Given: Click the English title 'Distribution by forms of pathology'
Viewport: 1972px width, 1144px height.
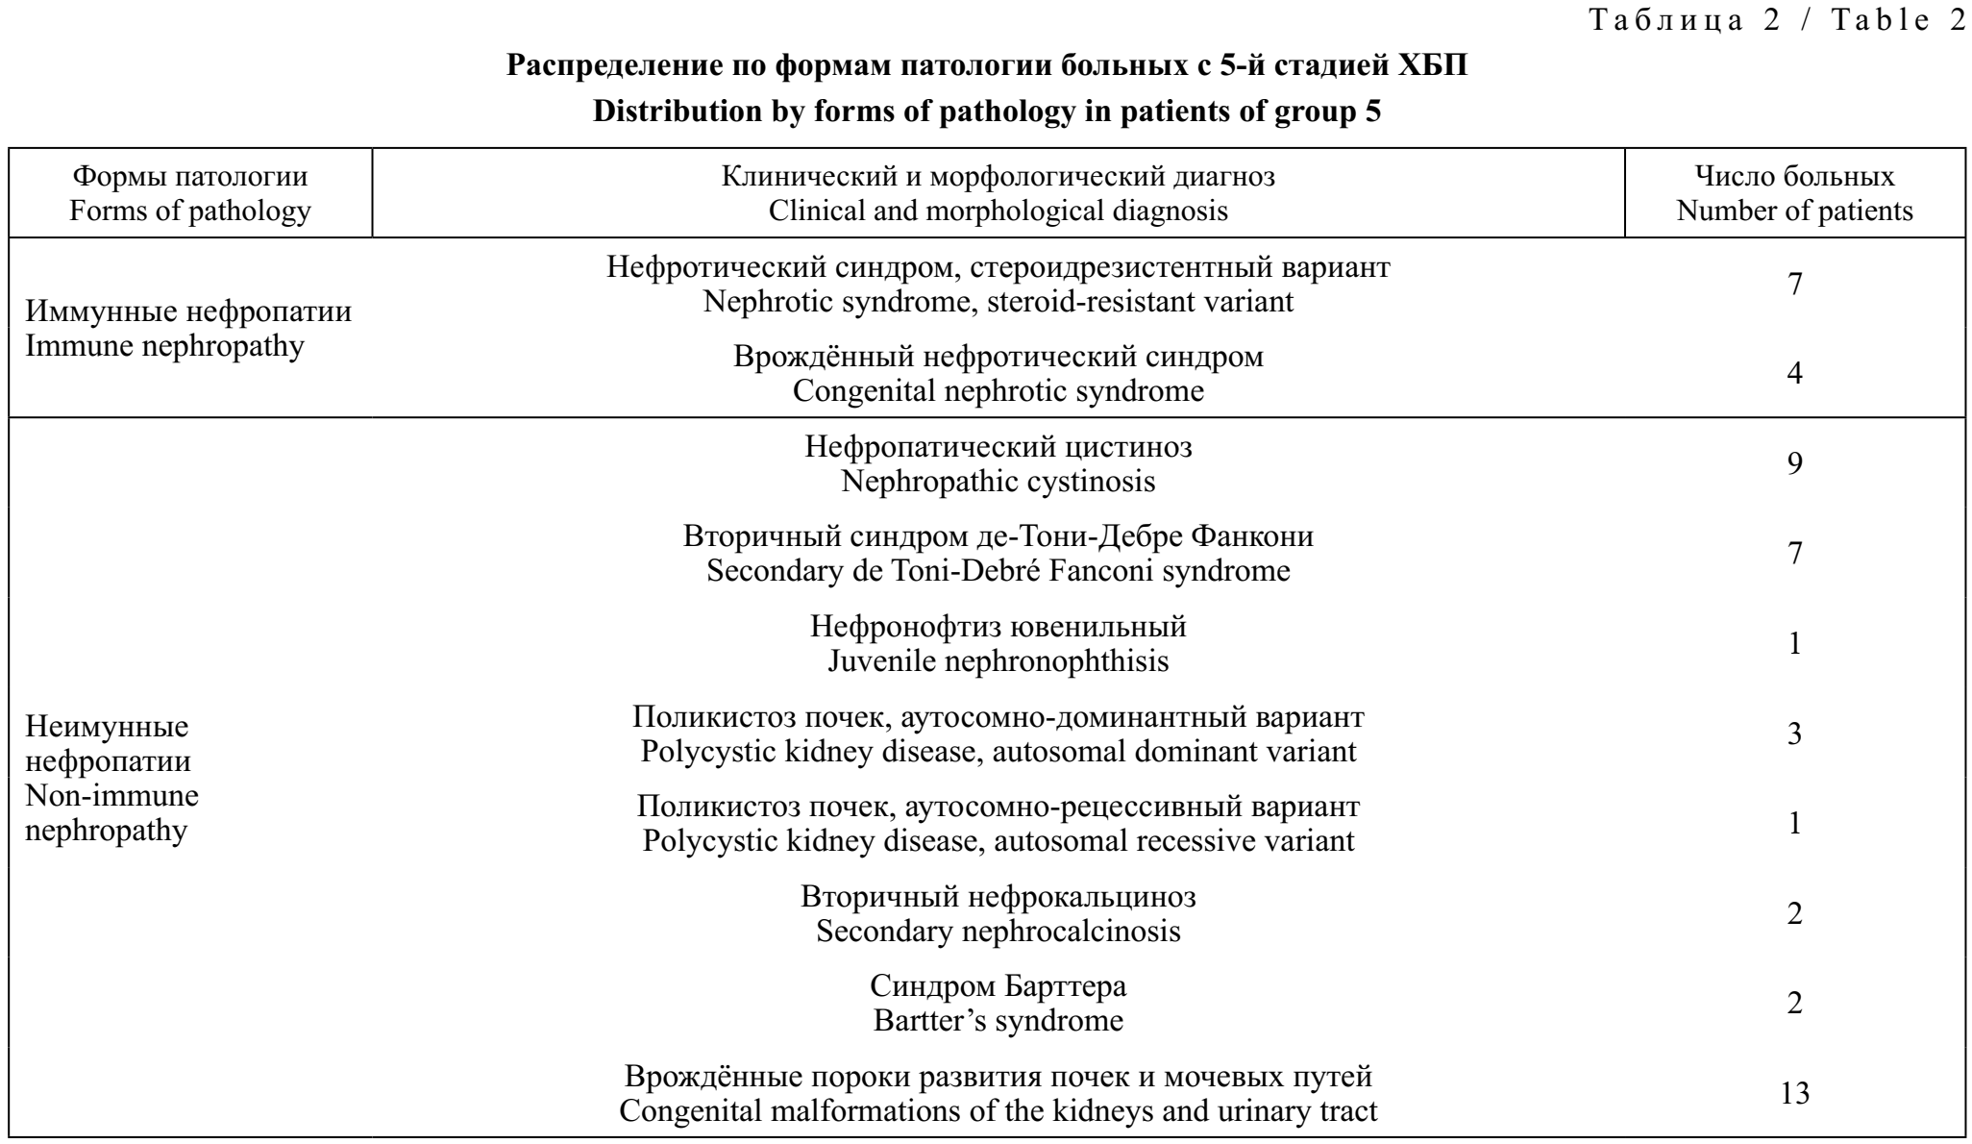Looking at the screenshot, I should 987,112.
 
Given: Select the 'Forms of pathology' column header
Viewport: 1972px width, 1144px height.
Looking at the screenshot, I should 190,211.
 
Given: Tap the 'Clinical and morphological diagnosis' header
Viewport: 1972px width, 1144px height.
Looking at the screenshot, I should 998,211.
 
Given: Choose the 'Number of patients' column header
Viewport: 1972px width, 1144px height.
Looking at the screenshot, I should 1794,211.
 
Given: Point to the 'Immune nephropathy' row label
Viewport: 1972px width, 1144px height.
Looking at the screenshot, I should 164,345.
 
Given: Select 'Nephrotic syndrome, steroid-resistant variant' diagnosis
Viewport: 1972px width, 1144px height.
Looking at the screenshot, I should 998,301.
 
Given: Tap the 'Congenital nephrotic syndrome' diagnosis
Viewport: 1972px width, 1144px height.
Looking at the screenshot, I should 998,391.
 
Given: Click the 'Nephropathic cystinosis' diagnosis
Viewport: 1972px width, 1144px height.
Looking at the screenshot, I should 998,481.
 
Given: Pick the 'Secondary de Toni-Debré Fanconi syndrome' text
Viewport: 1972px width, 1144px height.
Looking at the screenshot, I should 998,571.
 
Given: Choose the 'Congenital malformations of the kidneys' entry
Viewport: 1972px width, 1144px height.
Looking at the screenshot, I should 998,1111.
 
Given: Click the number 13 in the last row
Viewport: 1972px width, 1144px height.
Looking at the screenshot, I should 1794,1094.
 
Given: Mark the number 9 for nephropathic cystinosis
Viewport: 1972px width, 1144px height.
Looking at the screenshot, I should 1794,464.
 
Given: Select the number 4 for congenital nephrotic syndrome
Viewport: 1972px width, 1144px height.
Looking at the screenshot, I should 1794,374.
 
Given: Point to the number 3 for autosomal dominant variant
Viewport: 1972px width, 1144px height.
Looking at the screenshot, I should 1794,734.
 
